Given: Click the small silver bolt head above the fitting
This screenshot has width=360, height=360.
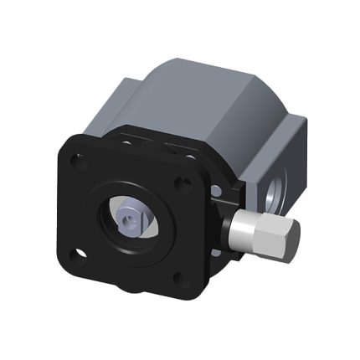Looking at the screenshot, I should [219, 198].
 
